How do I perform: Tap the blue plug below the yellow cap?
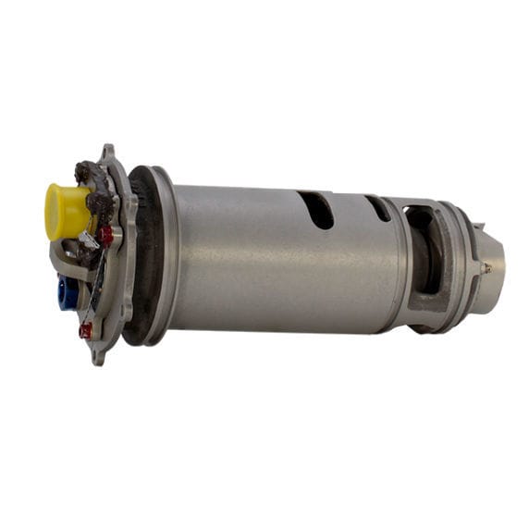point(67,293)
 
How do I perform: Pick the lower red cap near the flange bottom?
point(86,330)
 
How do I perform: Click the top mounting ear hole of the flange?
point(107,153)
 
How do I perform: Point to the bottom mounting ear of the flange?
point(97,356)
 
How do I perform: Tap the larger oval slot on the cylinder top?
point(316,210)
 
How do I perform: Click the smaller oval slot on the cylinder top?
point(377,208)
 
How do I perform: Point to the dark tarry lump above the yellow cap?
point(89,173)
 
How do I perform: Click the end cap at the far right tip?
point(494,259)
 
